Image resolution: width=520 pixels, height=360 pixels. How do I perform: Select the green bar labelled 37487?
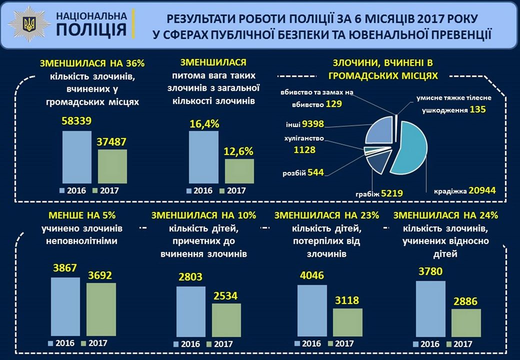click(112, 167)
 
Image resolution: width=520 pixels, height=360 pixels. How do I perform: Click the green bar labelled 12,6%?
click(239, 171)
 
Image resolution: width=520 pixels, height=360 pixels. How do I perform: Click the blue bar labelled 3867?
click(65, 307)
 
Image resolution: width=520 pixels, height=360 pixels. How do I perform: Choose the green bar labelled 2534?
click(226, 320)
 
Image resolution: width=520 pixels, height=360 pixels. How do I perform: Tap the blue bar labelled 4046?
click(312, 311)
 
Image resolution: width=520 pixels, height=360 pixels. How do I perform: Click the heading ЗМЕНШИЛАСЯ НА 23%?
click(327, 215)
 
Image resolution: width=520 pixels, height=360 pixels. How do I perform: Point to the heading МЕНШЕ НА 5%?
click(82, 215)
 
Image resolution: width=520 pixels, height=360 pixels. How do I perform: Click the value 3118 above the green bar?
click(347, 300)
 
